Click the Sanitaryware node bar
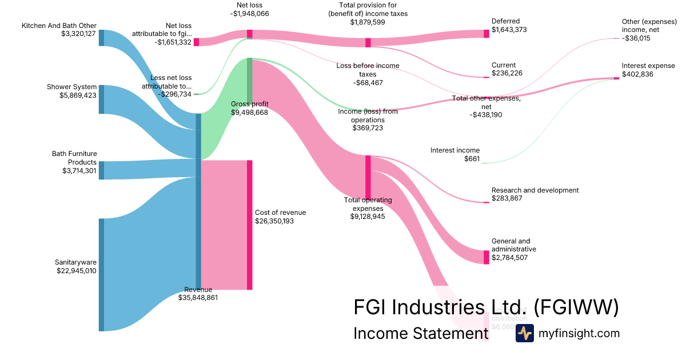102,274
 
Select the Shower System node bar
102,99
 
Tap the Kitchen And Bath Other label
59,26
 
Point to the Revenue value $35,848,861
198,298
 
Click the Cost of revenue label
280,213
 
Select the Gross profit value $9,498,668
249,113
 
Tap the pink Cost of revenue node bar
249,225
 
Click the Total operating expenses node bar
368,177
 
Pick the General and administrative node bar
486,257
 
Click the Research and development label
535,190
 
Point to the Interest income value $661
472,159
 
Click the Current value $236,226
507,73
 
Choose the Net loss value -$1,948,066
249,14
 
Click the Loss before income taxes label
368,70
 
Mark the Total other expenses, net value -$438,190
486,115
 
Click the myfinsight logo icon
524,333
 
